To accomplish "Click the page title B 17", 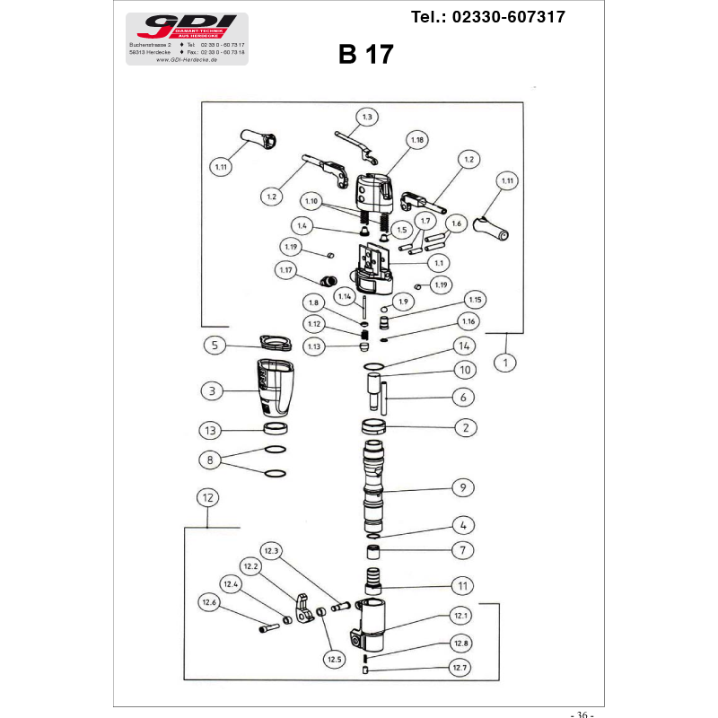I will pyautogui.click(x=365, y=55).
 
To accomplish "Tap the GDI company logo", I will pyautogui.click(x=187, y=26).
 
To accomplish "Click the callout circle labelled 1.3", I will pyautogui.click(x=367, y=117).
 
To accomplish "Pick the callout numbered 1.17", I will pyautogui.click(x=286, y=269).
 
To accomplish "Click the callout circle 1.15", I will pyautogui.click(x=475, y=300).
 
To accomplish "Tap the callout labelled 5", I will pyautogui.click(x=215, y=345).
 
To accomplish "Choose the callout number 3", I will pyautogui.click(x=212, y=391).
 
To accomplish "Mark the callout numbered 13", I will pyautogui.click(x=211, y=429).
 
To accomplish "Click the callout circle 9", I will pyautogui.click(x=463, y=488).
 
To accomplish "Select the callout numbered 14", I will pyautogui.click(x=464, y=346).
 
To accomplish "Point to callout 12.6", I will pyautogui.click(x=210, y=602).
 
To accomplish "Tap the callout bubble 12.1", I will pyautogui.click(x=461, y=616).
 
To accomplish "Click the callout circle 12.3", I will pyautogui.click(x=272, y=550).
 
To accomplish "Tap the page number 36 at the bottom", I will pyautogui.click(x=582, y=714).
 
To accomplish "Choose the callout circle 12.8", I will pyautogui.click(x=461, y=644).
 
